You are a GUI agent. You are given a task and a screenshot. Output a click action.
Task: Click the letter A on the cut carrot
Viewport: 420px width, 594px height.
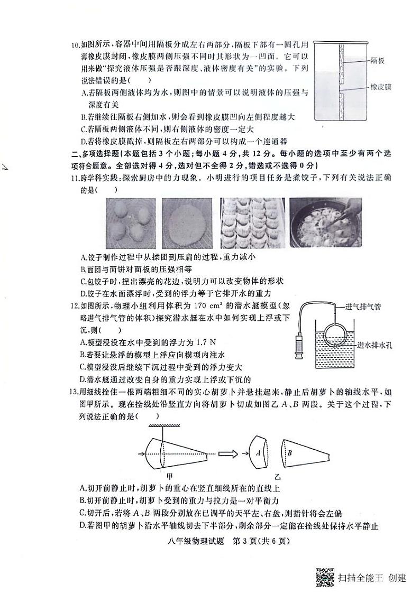point(257,453)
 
